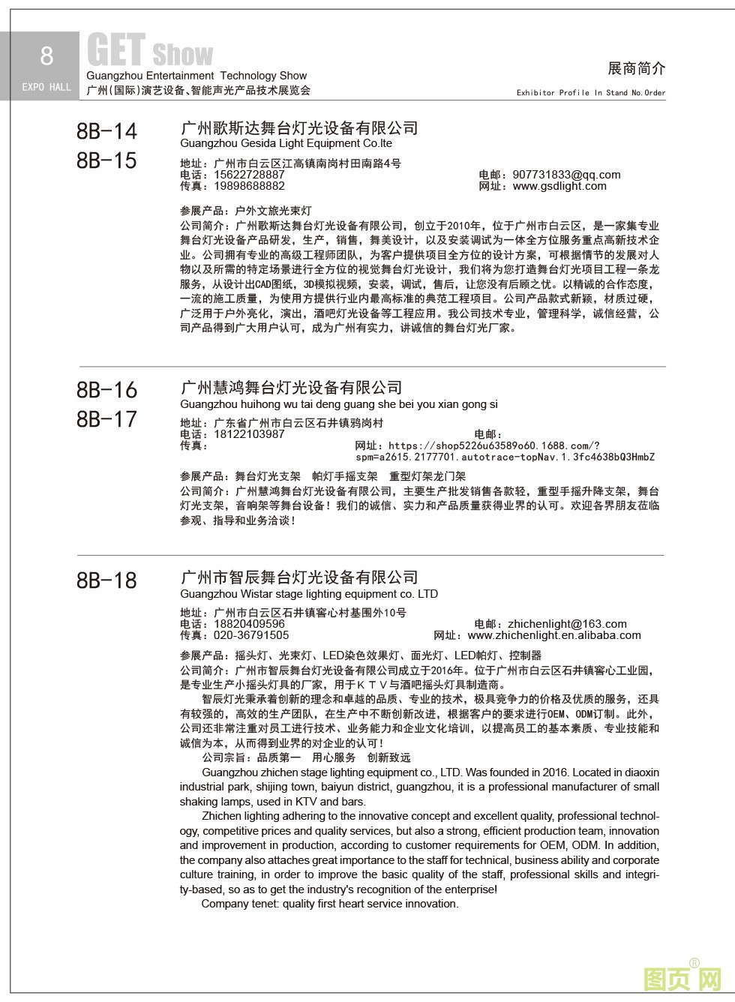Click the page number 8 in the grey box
coord(46,56)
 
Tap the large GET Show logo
coord(150,52)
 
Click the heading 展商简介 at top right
coord(636,68)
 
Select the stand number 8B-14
coord(107,131)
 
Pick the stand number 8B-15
coord(107,160)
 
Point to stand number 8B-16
coord(107,390)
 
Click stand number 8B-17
coord(107,419)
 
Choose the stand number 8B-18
coord(107,580)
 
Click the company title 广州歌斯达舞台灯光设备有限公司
coord(299,128)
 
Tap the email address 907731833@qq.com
coord(566,175)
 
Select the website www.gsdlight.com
coord(559,186)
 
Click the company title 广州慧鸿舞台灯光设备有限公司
coord(292,388)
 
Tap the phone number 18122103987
coord(249,434)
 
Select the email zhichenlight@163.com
coord(567,624)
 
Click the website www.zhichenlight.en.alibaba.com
coord(554,635)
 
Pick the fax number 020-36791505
coord(251,635)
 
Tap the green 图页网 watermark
coord(682,977)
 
